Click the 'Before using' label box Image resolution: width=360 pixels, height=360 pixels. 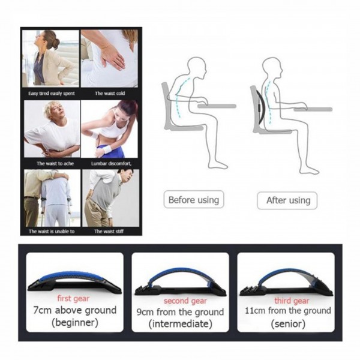tap(194, 200)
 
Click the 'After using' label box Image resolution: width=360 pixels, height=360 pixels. tap(287, 200)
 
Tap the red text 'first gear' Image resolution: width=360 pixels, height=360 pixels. tap(73, 298)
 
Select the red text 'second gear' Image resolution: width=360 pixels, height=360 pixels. tap(185, 301)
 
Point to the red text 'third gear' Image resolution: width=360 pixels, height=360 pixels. tap(292, 301)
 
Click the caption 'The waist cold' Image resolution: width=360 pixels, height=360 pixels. tap(110, 93)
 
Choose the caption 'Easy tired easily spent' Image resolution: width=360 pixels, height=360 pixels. tap(52, 94)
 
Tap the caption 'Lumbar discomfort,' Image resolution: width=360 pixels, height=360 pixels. tap(112, 163)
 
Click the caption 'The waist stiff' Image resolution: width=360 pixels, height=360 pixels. tap(109, 231)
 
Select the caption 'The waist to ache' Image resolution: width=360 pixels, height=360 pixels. tap(55, 163)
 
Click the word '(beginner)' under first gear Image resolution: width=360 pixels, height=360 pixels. tap(75, 322)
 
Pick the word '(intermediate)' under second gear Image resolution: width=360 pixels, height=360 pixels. tap(180, 324)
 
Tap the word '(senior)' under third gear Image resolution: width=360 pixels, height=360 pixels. tap(288, 324)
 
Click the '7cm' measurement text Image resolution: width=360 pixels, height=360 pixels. tap(42, 310)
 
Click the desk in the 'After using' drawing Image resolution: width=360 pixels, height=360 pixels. tap(313, 109)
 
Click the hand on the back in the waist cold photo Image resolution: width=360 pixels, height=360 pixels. tap(113, 56)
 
